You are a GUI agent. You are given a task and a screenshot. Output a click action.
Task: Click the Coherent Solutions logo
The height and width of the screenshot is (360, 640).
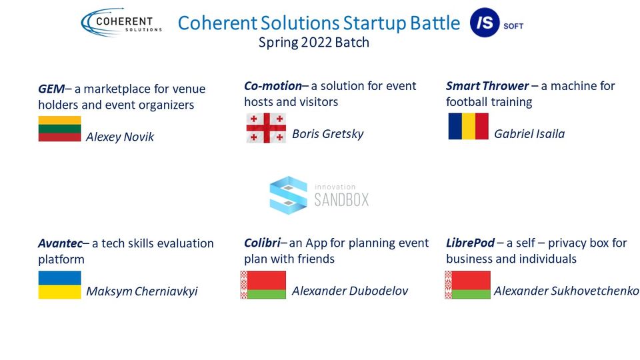[x=121, y=23]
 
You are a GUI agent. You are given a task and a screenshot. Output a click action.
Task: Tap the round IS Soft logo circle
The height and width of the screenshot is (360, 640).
[x=485, y=23]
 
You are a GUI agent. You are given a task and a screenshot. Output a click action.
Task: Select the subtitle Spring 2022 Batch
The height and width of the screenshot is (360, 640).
[x=314, y=43]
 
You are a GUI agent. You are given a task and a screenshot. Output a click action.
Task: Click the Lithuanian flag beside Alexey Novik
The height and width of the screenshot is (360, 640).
[x=59, y=129]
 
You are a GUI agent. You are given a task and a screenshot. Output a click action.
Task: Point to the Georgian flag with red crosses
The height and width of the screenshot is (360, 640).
[x=266, y=128]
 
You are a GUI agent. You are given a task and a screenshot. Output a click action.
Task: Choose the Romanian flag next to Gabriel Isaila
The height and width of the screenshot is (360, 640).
[x=468, y=126]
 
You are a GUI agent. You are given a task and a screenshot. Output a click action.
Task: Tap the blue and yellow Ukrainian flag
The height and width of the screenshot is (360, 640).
[x=59, y=285]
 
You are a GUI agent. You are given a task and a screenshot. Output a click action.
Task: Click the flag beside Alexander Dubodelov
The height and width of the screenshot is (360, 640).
[x=263, y=285]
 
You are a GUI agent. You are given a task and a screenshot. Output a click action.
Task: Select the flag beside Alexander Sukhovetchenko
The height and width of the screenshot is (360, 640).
[x=468, y=285]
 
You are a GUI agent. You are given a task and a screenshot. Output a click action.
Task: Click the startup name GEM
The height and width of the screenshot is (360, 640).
[x=51, y=89]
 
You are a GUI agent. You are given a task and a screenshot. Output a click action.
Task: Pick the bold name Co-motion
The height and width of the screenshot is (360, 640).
[x=273, y=86]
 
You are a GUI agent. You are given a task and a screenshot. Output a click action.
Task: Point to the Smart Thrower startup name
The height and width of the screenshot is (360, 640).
[x=487, y=86]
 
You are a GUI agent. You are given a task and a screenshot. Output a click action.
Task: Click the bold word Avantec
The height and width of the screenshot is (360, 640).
[x=61, y=244]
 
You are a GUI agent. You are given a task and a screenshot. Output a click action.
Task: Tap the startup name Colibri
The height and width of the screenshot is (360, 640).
[x=263, y=243]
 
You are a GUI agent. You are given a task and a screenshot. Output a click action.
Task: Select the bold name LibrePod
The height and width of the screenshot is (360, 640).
[x=470, y=243]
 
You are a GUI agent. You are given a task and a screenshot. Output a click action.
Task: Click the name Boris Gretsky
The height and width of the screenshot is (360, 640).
[x=328, y=134]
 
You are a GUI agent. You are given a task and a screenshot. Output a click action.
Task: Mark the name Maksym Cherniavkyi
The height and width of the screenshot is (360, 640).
[x=141, y=291]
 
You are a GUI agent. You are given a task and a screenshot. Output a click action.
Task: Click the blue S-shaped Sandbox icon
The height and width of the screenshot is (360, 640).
[x=288, y=195]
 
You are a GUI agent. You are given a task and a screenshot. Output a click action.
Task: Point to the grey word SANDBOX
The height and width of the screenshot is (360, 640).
[x=341, y=200]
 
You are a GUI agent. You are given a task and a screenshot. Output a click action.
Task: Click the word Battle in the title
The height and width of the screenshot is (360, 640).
[x=435, y=23]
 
